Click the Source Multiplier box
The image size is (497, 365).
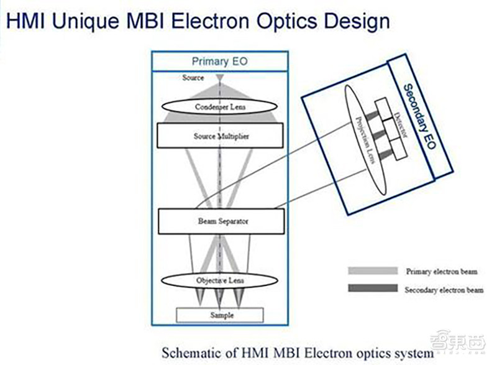point(220,136)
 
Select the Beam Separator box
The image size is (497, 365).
point(220,221)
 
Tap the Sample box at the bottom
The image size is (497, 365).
point(220,315)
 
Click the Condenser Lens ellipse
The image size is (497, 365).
point(220,107)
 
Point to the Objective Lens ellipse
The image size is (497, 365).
point(220,280)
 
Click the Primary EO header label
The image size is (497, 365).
point(220,62)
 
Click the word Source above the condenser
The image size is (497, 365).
point(193,78)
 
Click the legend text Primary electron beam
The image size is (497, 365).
point(442,272)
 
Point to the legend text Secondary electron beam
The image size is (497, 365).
point(442,290)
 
